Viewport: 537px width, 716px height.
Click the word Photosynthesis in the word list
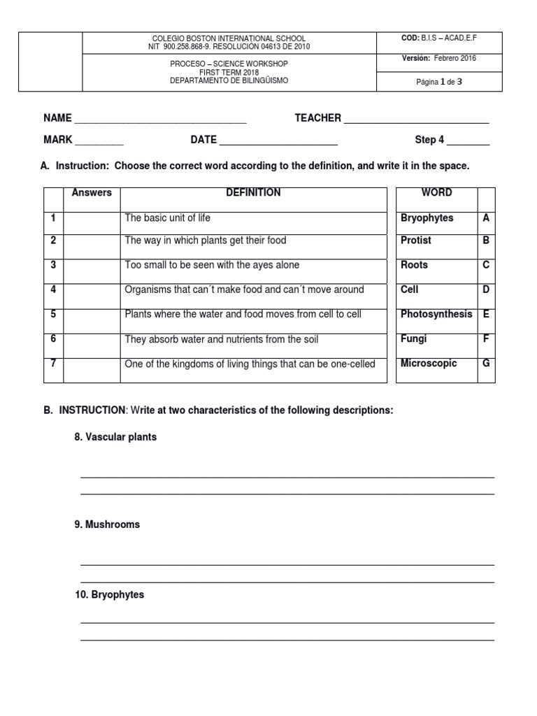click(436, 315)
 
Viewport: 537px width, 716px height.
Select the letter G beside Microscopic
click(486, 364)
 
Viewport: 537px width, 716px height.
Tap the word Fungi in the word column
click(413, 339)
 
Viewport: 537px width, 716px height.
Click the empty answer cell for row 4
click(92, 296)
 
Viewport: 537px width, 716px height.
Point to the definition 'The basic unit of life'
click(167, 218)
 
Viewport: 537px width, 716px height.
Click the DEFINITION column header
click(253, 193)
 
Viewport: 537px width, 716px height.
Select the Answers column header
click(92, 193)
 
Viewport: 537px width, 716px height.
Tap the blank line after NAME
click(160, 120)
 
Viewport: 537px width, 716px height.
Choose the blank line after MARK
click(99, 141)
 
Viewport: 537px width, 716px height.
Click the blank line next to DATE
click(278, 141)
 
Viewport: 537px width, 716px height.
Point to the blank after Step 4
click(468, 141)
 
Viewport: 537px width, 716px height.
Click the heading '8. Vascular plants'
click(115, 437)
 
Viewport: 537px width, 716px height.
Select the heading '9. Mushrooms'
click(107, 524)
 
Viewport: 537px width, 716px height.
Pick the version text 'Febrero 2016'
click(455, 59)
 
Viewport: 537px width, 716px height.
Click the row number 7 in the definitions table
click(53, 364)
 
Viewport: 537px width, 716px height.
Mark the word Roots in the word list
click(414, 266)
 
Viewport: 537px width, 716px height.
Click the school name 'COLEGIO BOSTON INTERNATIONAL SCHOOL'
click(229, 38)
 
